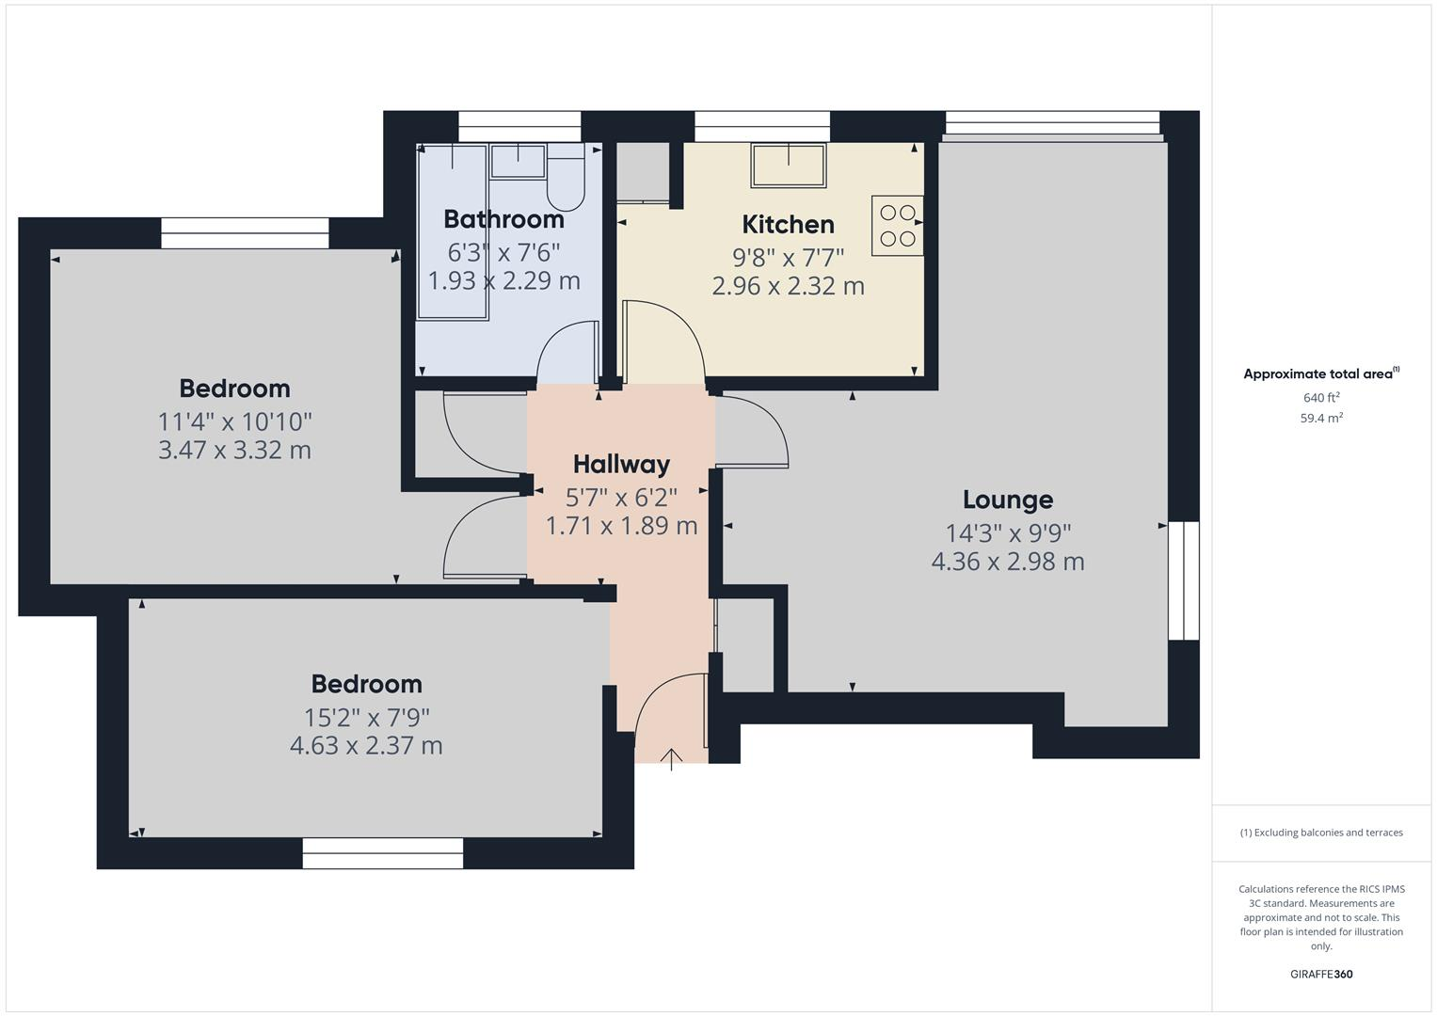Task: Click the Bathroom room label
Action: [503, 219]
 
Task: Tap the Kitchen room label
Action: [788, 225]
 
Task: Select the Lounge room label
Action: [1007, 500]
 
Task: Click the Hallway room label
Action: [621, 464]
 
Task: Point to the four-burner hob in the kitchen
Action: [896, 226]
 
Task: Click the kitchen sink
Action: [788, 166]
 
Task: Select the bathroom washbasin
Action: [518, 161]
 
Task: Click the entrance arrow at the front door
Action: [671, 758]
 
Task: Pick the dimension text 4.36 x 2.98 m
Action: [1007, 562]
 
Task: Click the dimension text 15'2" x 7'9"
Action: [366, 718]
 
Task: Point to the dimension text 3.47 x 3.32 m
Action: [234, 450]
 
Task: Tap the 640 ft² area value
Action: [1320, 398]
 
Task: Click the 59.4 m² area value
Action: [1320, 419]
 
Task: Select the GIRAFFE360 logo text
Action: [1320, 974]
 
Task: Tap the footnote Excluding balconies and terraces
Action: [1320, 833]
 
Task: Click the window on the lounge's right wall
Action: [1183, 580]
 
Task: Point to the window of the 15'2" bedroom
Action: [382, 853]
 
